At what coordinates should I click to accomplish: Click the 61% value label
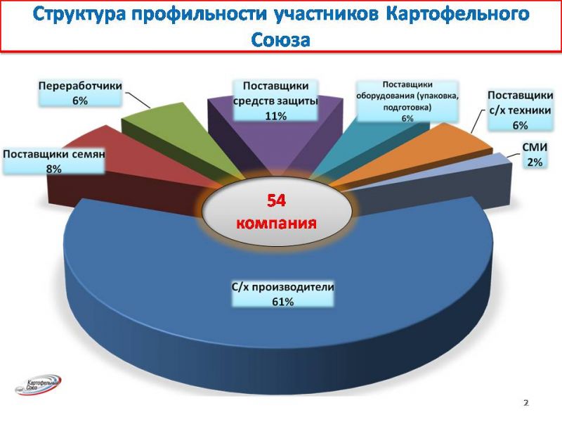point(283,302)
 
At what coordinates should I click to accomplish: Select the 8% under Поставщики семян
point(54,169)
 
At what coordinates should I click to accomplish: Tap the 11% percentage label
point(275,116)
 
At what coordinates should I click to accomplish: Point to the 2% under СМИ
point(535,162)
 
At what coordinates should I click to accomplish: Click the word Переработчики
point(80,86)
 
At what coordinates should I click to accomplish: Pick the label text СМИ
point(535,147)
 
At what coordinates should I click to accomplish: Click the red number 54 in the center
point(276,200)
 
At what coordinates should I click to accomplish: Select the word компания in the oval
point(276,223)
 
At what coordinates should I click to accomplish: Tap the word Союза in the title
point(280,39)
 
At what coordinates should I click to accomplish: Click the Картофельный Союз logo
point(39,385)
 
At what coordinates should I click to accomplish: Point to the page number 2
point(526,403)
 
